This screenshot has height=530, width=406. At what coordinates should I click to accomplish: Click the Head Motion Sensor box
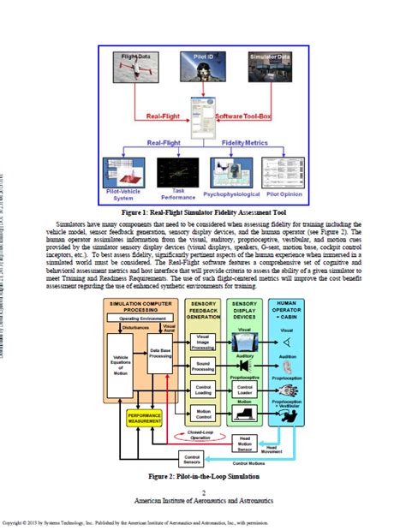coord(245,441)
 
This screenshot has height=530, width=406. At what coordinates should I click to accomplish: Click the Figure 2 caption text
coord(203,476)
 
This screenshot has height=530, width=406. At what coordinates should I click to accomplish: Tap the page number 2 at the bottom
coord(203,491)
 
